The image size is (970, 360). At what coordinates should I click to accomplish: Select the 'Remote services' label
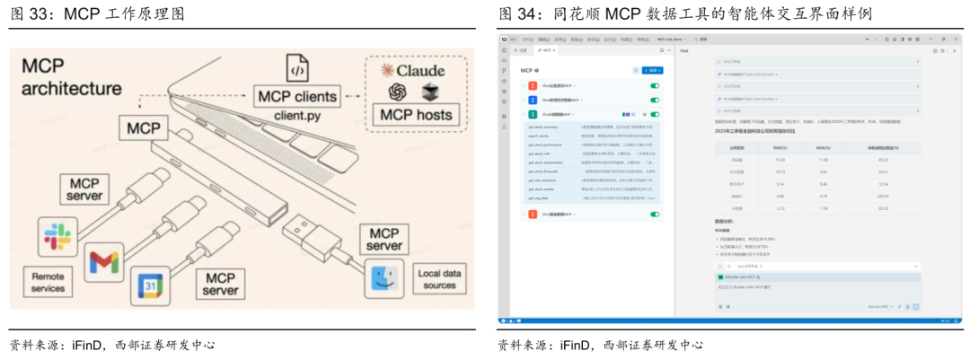[x=48, y=283]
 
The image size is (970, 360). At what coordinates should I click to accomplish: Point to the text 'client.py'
[x=297, y=114]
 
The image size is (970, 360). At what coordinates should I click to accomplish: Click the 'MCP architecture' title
[x=72, y=77]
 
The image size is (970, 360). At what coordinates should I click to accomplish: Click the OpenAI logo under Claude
[x=399, y=92]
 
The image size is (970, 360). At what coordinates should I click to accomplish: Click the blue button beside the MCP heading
[x=653, y=70]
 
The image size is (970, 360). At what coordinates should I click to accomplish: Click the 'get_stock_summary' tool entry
[x=546, y=128]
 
